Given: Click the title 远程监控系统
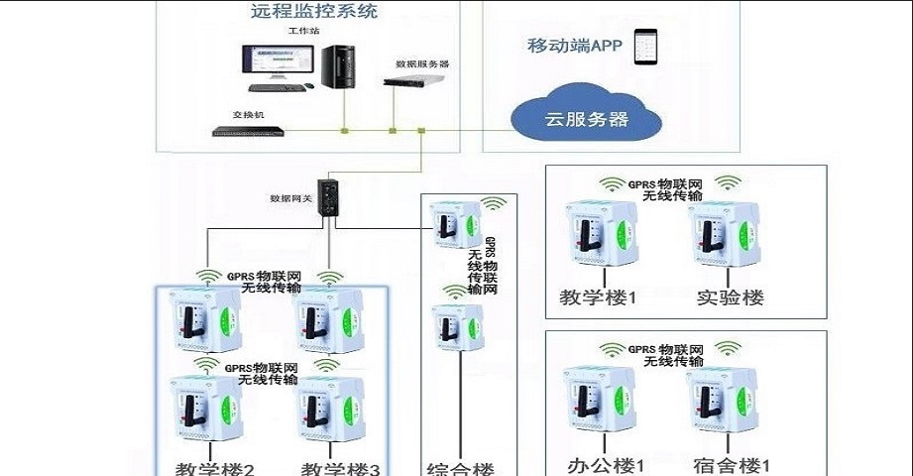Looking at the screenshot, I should [x=314, y=13].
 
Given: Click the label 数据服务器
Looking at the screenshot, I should [x=422, y=63].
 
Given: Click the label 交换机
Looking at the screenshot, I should [x=248, y=115].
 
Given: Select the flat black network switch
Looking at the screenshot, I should [x=249, y=131].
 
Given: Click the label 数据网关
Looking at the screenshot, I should [x=291, y=198].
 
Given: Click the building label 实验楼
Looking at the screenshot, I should [x=730, y=297].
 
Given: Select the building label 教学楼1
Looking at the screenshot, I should [x=597, y=297].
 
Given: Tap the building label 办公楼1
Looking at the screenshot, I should [x=605, y=464].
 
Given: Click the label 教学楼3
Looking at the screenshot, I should [x=340, y=468].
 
